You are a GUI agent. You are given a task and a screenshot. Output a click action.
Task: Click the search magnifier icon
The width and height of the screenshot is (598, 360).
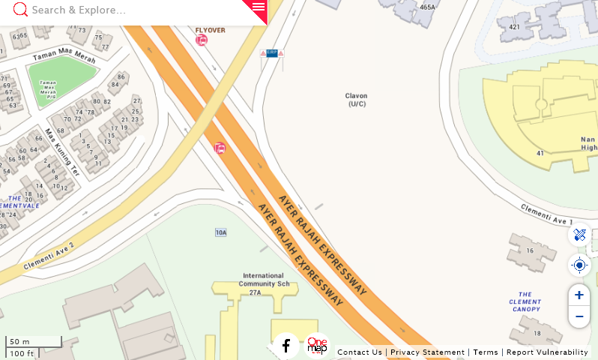point(20,10)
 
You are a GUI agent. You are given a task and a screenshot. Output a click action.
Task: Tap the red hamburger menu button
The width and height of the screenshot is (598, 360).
point(258,7)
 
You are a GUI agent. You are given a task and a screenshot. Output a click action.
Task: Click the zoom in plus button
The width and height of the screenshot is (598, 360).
point(579,295)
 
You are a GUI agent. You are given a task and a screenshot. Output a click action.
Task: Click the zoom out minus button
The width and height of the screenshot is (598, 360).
point(579,316)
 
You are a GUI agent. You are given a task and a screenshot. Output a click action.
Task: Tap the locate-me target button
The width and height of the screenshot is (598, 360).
point(579,265)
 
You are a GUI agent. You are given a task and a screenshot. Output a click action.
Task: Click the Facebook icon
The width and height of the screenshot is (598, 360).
point(286,346)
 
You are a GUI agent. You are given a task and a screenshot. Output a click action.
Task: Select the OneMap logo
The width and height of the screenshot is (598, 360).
point(317,345)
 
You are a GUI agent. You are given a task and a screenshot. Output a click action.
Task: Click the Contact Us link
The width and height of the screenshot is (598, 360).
point(360,352)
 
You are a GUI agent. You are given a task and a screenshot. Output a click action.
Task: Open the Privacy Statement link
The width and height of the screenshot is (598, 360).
point(427,352)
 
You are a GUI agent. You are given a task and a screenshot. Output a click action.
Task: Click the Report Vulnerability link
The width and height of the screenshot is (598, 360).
point(547,352)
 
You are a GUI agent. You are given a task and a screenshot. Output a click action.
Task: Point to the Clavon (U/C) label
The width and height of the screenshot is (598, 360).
point(356,100)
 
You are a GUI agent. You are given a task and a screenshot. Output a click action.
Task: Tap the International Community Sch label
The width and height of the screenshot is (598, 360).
point(263,280)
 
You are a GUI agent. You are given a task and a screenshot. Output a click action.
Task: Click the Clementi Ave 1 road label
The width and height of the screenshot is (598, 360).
point(546,214)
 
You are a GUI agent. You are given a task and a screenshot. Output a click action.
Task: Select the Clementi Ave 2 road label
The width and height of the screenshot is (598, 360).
point(49,256)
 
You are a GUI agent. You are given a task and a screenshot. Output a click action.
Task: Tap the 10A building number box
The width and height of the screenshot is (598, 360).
point(221,232)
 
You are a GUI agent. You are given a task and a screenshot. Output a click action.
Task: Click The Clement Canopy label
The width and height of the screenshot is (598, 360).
point(525,302)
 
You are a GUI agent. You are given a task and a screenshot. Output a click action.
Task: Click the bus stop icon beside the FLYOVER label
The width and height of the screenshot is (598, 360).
point(202,40)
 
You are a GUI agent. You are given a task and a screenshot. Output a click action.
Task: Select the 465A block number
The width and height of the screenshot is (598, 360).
point(427,7)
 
